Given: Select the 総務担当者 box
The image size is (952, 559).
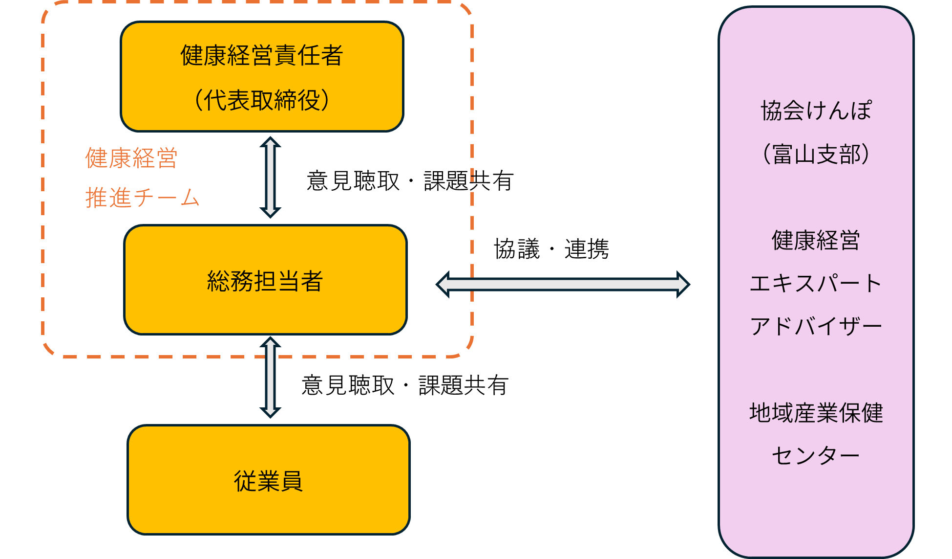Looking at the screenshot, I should pyautogui.click(x=265, y=280).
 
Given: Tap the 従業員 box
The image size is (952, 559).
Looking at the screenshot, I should pyautogui.click(x=268, y=480).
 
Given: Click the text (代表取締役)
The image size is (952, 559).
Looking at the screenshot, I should pyautogui.click(x=262, y=100).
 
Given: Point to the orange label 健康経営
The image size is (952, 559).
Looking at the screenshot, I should pyautogui.click(x=131, y=158).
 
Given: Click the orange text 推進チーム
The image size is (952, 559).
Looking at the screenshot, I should pyautogui.click(x=142, y=198).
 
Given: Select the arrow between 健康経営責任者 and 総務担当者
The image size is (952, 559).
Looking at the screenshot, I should pyautogui.click(x=270, y=177).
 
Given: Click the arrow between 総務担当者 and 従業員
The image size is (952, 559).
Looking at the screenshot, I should pyautogui.click(x=270, y=377).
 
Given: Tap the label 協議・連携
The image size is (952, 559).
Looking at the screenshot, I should pyautogui.click(x=551, y=249).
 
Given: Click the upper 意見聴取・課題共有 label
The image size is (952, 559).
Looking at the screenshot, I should pyautogui.click(x=410, y=181).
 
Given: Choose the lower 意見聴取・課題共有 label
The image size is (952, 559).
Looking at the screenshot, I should pyautogui.click(x=405, y=385).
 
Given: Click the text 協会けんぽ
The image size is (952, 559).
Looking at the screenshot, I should pyautogui.click(x=816, y=111).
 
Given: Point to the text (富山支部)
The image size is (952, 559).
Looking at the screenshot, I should pyautogui.click(x=816, y=154).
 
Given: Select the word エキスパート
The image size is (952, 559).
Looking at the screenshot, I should pyautogui.click(x=816, y=283).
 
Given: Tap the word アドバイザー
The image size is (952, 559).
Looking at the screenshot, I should pyautogui.click(x=816, y=326).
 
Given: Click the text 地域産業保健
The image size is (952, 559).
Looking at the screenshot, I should pyautogui.click(x=816, y=413).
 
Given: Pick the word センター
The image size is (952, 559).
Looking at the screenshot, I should pyautogui.click(x=816, y=456).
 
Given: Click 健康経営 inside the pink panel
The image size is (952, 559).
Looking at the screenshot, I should pyautogui.click(x=816, y=240).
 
